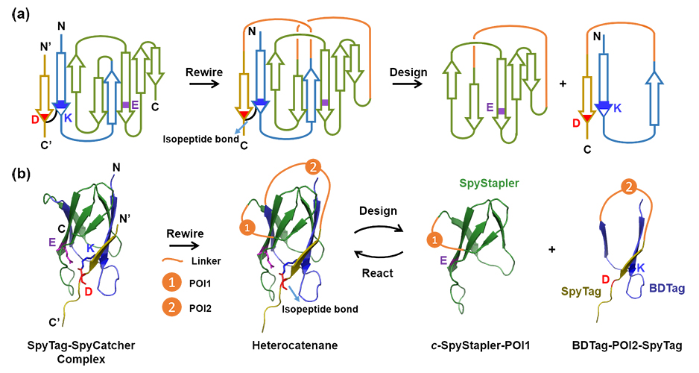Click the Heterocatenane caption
pos(297,345)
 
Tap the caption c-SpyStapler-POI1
pos(477,345)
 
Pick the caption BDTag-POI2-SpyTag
pos(633,345)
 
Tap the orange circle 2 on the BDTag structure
pos(630,184)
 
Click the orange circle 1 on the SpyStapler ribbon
pos(431,240)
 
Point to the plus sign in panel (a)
pos(563,83)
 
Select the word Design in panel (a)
pos(408,72)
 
